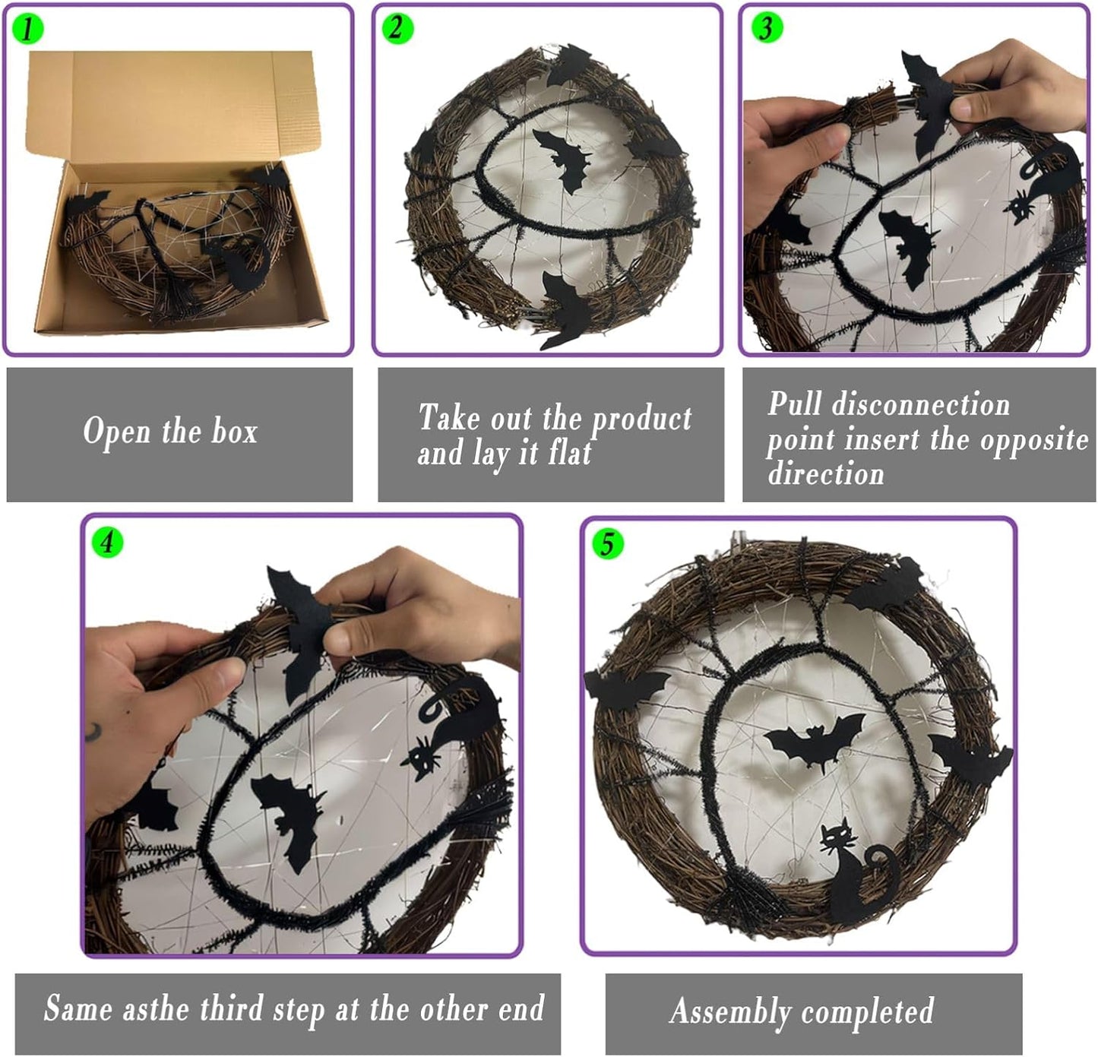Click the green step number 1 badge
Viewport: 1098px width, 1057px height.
pos(28,28)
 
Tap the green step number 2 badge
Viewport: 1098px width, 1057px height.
pos(397,28)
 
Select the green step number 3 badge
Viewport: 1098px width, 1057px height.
pos(766,27)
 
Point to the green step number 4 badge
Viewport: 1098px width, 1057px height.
pos(106,542)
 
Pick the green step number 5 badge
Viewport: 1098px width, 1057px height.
pos(606,544)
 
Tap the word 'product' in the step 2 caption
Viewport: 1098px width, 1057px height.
pos(641,419)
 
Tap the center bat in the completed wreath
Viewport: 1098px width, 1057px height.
pos(813,741)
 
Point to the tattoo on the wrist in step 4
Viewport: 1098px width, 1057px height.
pos(93,732)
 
